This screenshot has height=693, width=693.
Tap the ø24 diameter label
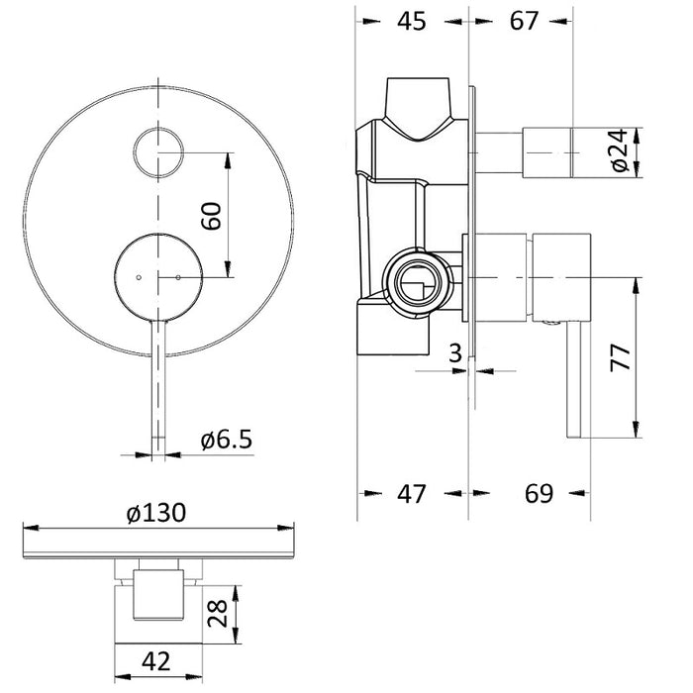pos(620,150)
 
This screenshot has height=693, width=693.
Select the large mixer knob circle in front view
pos(158,277)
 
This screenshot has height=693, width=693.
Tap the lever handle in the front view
pos(158,386)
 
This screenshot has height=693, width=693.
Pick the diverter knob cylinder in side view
pos(549,150)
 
